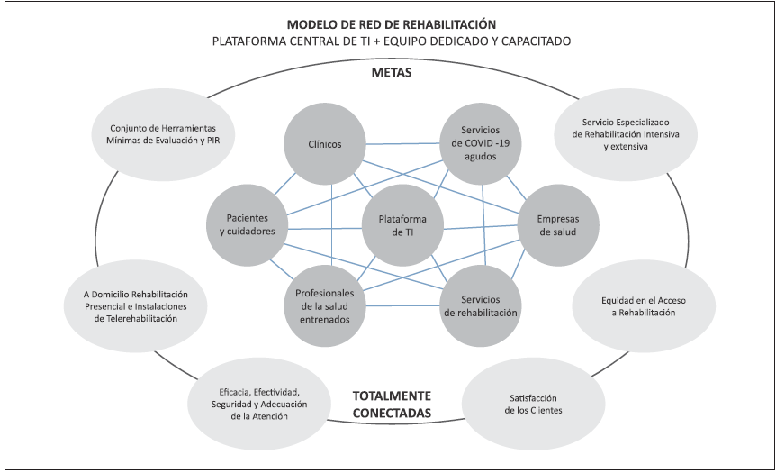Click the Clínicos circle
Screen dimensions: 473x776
(x=323, y=144)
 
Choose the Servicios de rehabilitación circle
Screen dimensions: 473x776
(x=480, y=306)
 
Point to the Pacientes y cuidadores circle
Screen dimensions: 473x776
(x=247, y=224)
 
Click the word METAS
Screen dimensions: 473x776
(x=390, y=72)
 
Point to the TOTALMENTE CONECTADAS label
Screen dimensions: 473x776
(x=390, y=405)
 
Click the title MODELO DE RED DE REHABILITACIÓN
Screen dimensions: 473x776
(x=391, y=23)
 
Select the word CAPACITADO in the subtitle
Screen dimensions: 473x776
(x=537, y=41)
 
